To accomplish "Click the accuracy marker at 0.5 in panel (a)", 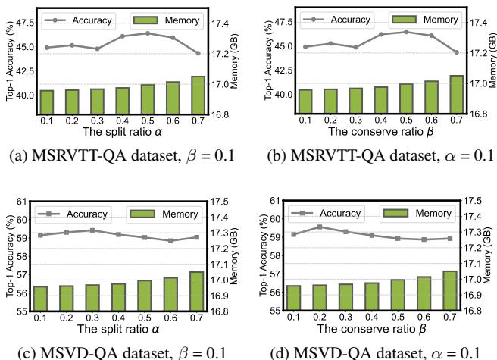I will pyautogui.click(x=148, y=33).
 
